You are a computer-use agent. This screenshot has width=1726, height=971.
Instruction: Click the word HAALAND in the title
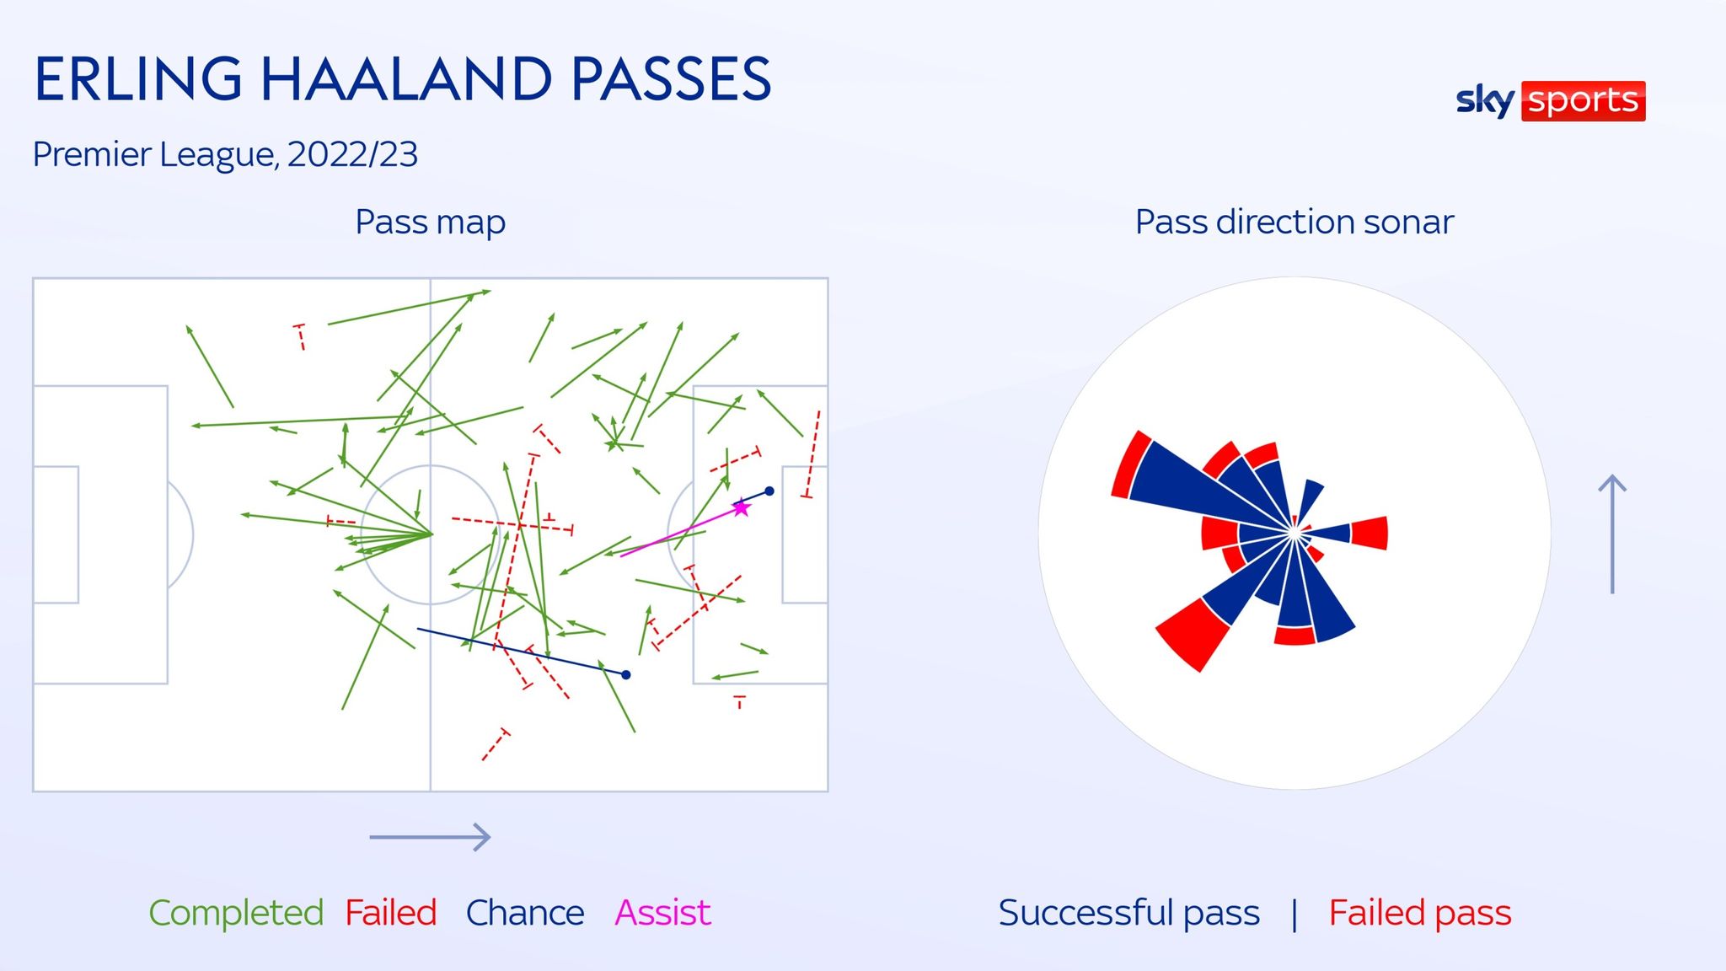pos(407,79)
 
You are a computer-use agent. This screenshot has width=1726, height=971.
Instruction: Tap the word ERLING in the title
pos(138,79)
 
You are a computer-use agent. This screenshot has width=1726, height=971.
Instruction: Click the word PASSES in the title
pos(671,79)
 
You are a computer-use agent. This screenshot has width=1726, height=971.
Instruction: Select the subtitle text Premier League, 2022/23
pos(225,155)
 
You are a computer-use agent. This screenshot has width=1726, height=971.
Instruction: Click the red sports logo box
pos(1584,101)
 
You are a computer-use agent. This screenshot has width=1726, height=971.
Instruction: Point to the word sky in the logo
pos(1486,101)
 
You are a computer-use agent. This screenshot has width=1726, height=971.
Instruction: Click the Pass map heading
pos(431,223)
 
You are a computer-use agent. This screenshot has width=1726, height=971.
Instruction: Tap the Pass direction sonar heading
pos(1294,223)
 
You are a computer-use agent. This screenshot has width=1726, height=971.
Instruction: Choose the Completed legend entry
pos(236,913)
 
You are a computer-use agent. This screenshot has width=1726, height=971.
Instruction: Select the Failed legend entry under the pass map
pos(391,913)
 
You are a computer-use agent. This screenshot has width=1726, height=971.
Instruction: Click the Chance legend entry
pos(525,913)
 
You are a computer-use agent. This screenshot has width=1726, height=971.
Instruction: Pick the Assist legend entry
pos(663,913)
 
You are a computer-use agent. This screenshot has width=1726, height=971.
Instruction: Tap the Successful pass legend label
pos(1129,913)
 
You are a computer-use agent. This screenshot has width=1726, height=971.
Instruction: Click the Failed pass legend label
pos(1420,913)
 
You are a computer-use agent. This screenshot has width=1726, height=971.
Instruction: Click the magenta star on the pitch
pos(741,507)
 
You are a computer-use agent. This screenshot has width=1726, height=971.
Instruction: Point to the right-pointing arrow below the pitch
pos(430,837)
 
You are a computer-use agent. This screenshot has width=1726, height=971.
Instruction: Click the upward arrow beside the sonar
pos(1612,534)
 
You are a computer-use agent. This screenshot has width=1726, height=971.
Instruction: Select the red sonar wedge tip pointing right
pos(1370,534)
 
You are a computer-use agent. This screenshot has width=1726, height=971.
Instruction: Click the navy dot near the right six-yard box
pos(769,491)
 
